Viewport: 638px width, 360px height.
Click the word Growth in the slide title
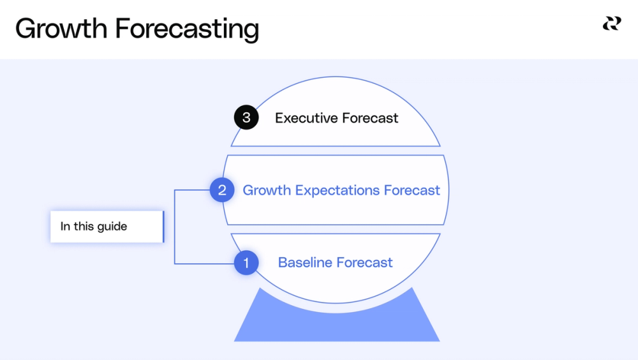pyautogui.click(x=60, y=29)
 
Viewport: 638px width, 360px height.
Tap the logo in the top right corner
pyautogui.click(x=611, y=24)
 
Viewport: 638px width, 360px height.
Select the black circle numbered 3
pyautogui.click(x=246, y=117)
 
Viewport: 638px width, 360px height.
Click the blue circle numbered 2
pyautogui.click(x=222, y=190)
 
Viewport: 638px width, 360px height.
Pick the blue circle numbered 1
pyautogui.click(x=246, y=262)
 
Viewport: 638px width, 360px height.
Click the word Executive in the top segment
pyautogui.click(x=306, y=118)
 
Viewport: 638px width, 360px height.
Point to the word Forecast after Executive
pyautogui.click(x=370, y=118)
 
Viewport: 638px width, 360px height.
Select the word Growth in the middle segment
pyautogui.click(x=267, y=190)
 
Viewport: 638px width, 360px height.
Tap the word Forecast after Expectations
pyautogui.click(x=412, y=190)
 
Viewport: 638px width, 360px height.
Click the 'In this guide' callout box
pyautogui.click(x=106, y=227)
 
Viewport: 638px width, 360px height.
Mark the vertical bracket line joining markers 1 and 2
pyautogui.click(x=175, y=227)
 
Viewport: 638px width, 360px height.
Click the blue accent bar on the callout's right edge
pyautogui.click(x=163, y=227)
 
